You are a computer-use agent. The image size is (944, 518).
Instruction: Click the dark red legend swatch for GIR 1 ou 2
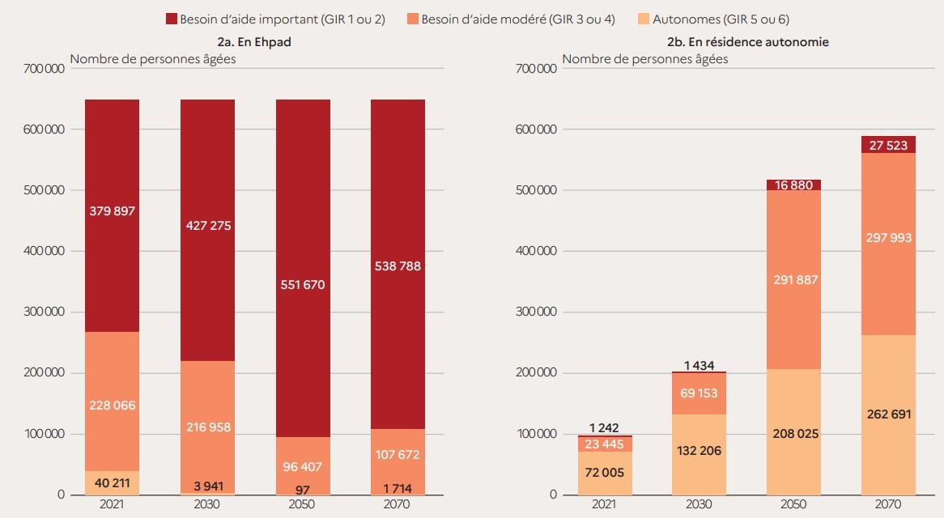tap(171, 19)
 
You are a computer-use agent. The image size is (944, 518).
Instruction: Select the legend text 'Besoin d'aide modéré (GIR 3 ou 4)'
tap(517, 19)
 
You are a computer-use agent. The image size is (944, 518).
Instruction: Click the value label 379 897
tap(112, 211)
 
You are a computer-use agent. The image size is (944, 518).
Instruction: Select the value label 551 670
tap(302, 285)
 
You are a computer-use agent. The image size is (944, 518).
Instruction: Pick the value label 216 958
tap(207, 426)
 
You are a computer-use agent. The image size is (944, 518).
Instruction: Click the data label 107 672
tap(398, 456)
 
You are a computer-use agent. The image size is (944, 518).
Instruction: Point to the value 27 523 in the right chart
tap(888, 145)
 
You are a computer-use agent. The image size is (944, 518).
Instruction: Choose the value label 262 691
tap(888, 414)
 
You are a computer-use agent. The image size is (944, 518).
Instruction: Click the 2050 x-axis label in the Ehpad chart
tap(302, 505)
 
